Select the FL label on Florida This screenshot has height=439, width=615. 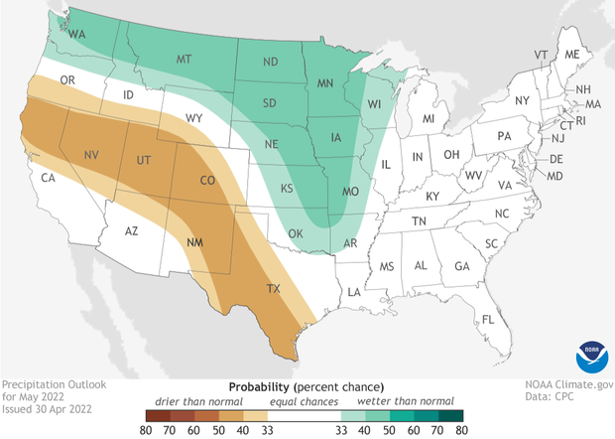pos(487,320)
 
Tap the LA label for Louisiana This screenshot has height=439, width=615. pos(352,291)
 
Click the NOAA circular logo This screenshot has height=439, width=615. pos(587,355)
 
